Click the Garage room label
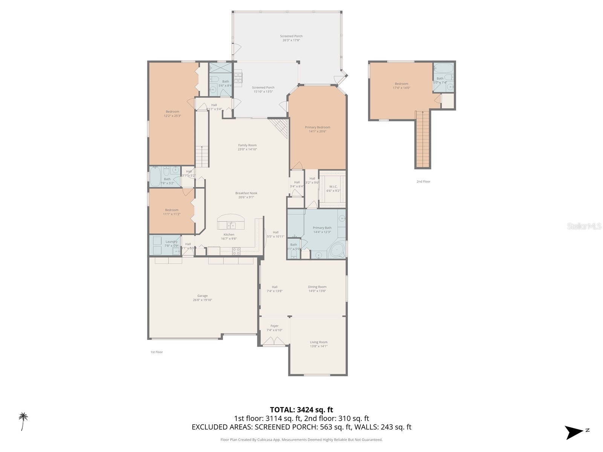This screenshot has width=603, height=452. pos(202,296)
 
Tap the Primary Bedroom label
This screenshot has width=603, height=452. pos(317,127)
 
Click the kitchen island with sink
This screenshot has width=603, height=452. pos(231,222)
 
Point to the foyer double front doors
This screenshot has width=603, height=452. pos(274,341)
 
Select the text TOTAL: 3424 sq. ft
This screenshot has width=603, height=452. pos(301,410)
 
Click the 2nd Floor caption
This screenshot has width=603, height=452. pos(423,182)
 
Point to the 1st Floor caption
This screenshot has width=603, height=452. pos(156,352)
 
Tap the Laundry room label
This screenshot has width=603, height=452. pos(171,242)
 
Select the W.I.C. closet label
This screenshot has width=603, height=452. pos(333,186)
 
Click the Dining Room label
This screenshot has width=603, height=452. pos(317,287)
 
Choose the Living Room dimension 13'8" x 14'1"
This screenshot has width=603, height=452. pos(318,346)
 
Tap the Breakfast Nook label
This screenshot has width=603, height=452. pos(246,193)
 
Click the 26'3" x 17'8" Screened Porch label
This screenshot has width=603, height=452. pos(291,36)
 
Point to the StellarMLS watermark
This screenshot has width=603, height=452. pos(585,226)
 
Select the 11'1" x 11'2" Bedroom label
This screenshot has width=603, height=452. pos(171,210)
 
